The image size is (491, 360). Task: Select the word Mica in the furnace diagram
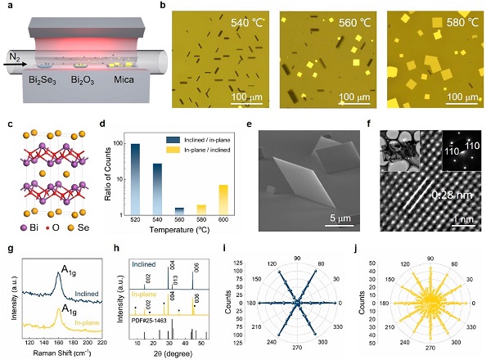128,82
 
